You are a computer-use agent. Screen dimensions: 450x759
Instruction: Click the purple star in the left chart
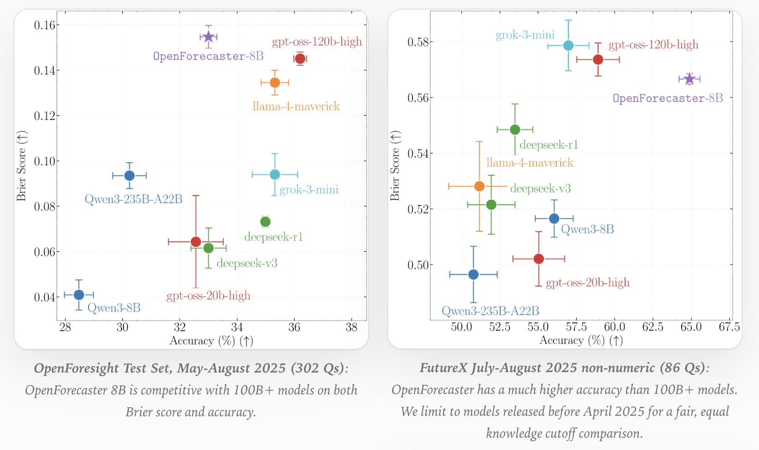coord(208,37)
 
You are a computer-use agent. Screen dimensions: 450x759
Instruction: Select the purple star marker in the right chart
coord(689,79)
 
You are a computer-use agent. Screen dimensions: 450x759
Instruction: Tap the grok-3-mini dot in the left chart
coord(275,174)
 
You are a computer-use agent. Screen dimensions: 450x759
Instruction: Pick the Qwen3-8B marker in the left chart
coord(79,295)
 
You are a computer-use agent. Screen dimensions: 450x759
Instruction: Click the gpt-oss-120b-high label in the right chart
coord(653,45)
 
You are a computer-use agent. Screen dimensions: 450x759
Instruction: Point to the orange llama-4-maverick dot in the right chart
coord(479,186)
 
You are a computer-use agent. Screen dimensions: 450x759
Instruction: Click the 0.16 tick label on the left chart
coord(44,25)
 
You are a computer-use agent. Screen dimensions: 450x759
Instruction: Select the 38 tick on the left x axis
coord(351,327)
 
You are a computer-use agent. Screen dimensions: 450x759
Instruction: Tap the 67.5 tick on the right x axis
coord(729,327)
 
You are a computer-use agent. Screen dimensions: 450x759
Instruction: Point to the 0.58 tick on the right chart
coord(418,42)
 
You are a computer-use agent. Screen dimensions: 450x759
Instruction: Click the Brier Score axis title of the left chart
coord(21,166)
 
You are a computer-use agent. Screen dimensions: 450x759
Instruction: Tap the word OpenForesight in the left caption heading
coord(81,368)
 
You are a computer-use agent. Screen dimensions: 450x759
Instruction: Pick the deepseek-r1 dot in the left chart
coord(266,222)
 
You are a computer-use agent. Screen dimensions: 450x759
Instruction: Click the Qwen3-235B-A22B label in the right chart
coord(490,311)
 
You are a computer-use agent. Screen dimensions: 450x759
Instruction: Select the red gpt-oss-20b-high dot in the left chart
coord(196,242)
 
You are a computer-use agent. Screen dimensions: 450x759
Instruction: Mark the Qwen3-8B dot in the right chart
coord(554,219)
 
